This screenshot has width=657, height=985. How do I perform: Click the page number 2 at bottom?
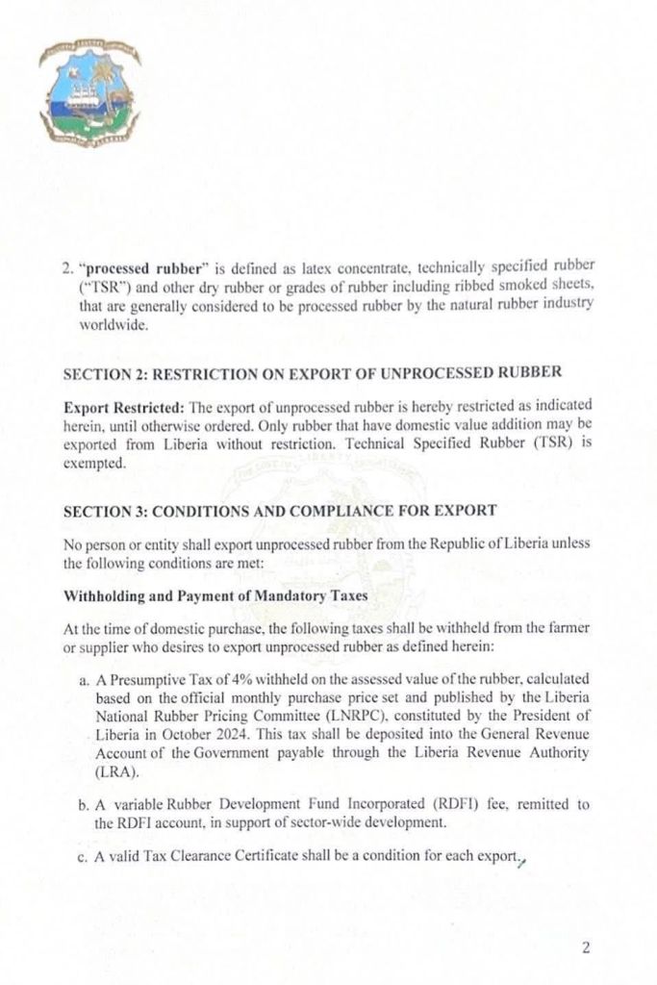click(585, 947)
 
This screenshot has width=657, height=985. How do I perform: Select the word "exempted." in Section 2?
click(91, 463)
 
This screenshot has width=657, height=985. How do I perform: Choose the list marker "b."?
click(85, 805)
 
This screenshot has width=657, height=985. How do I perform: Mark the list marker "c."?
click(85, 857)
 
